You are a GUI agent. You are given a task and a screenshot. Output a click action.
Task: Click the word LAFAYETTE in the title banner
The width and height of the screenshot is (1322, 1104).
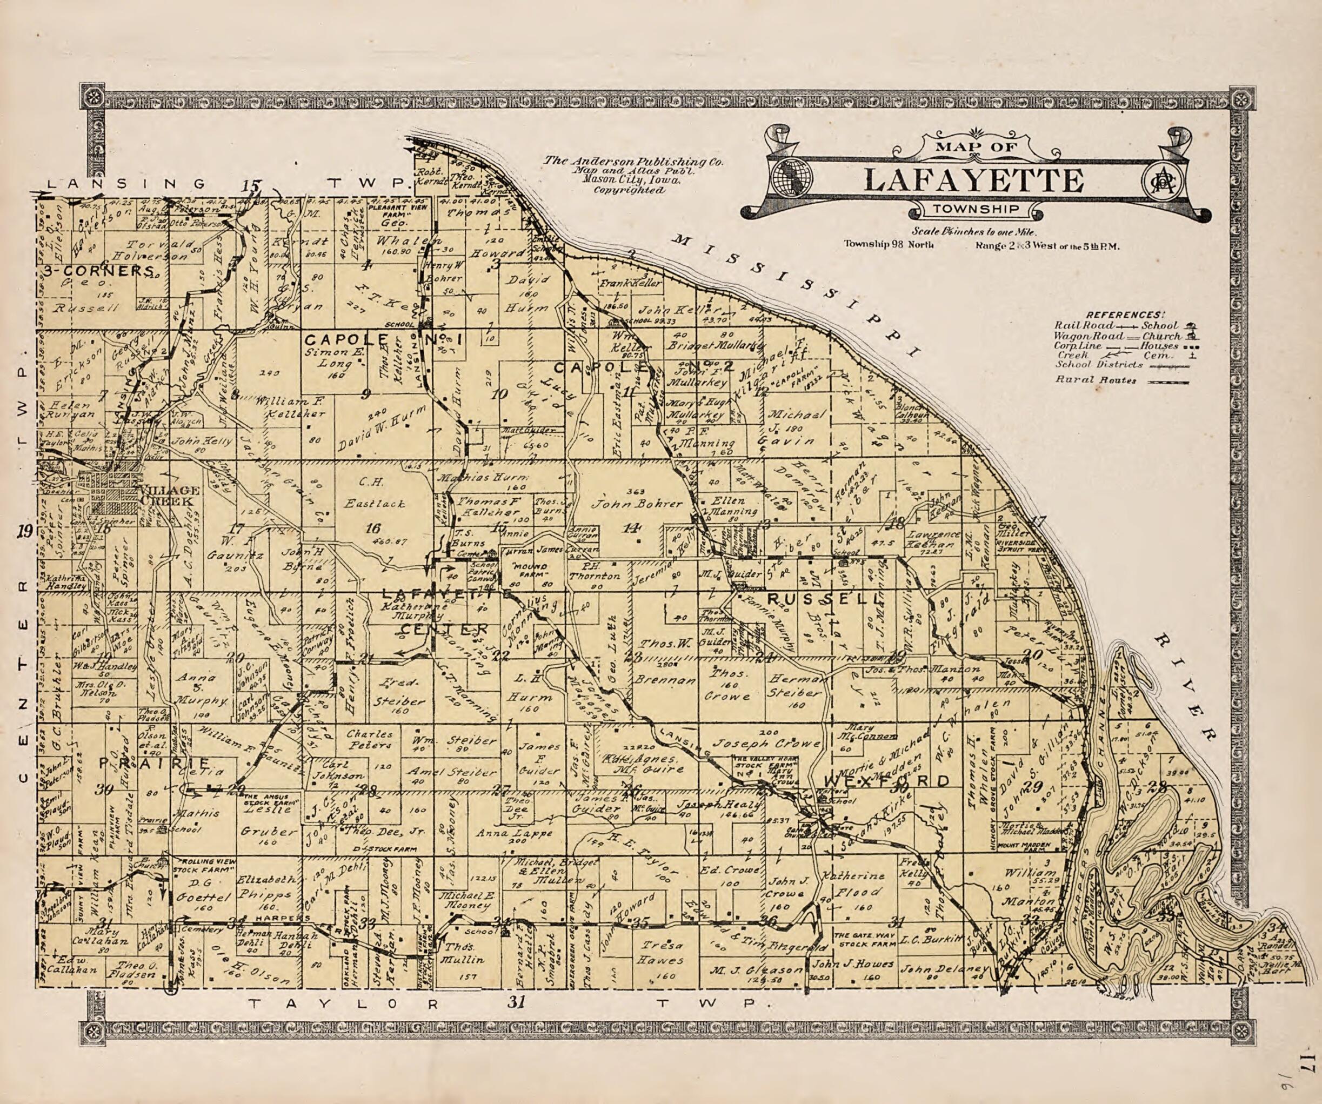pyautogui.click(x=973, y=180)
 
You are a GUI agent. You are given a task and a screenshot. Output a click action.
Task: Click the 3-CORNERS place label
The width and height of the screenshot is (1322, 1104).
pyautogui.click(x=99, y=271)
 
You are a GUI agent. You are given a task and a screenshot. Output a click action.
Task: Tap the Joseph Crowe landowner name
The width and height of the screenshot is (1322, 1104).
pyautogui.click(x=766, y=742)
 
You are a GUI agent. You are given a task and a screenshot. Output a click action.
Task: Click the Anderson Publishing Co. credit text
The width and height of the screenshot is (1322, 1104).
pyautogui.click(x=633, y=162)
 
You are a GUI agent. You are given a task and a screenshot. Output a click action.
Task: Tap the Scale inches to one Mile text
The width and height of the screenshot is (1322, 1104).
pyautogui.click(x=974, y=232)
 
